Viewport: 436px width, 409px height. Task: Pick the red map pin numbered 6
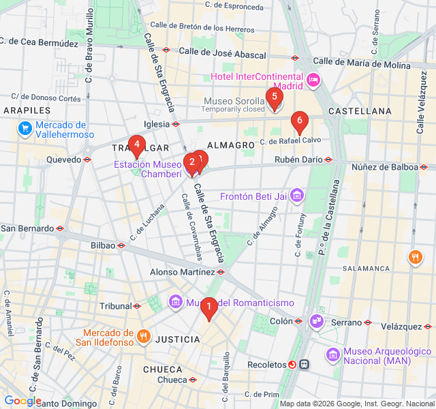[x=298, y=121]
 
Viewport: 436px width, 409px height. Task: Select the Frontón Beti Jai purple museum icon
[x=296, y=197]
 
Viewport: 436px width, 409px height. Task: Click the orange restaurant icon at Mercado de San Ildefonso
[x=143, y=335]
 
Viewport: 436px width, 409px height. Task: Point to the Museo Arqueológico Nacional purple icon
[x=332, y=355]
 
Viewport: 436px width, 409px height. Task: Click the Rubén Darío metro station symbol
[x=328, y=160]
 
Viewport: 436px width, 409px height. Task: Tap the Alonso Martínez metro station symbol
[x=221, y=272]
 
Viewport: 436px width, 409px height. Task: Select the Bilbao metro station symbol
[x=121, y=245]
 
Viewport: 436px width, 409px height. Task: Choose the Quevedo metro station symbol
[x=87, y=160]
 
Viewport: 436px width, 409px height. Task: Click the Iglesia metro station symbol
[x=176, y=124]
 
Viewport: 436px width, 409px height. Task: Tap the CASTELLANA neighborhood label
[x=360, y=110]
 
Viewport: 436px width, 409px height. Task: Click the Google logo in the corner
[x=22, y=401]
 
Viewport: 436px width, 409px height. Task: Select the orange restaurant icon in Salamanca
[x=414, y=257]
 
